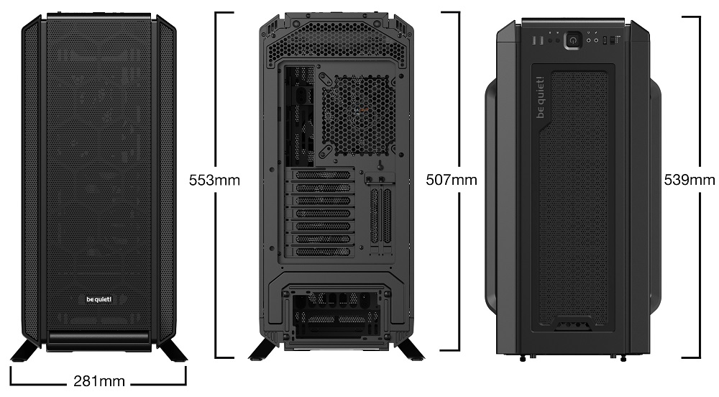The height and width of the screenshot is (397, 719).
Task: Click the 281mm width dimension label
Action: (x=99, y=381)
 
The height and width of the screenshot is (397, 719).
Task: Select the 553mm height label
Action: (x=214, y=181)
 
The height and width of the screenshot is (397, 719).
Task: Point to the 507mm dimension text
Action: (x=452, y=180)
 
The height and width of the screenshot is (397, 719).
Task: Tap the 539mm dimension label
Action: (x=690, y=180)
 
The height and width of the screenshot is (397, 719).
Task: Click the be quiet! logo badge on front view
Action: (x=99, y=300)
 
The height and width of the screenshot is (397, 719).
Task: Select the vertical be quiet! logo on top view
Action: (x=541, y=97)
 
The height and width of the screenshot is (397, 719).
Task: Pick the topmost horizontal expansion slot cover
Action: (x=324, y=175)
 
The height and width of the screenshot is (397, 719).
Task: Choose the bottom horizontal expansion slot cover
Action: (x=324, y=252)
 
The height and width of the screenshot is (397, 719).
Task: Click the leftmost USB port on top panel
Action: (x=534, y=41)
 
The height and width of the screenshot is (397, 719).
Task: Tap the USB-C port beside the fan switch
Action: (x=605, y=40)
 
